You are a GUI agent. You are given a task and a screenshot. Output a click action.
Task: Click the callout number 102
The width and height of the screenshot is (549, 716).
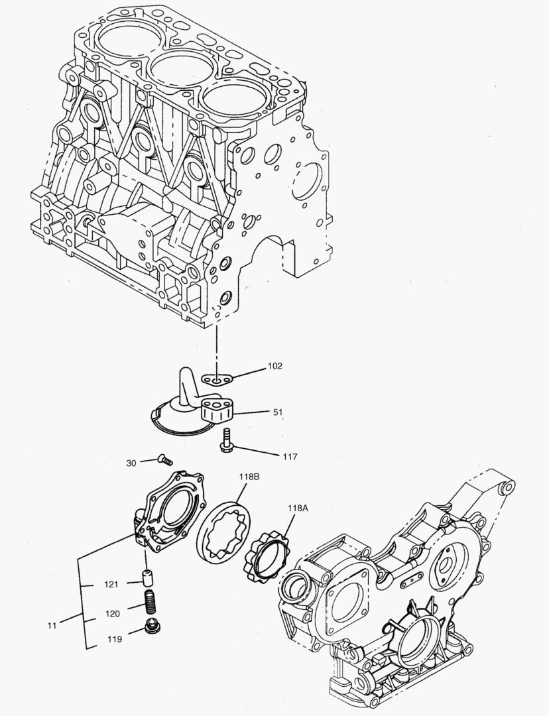tap(275, 366)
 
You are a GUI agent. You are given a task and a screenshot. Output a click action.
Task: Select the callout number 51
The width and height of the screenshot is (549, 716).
tap(278, 412)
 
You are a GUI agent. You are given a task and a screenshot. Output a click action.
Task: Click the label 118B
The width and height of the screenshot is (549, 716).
tap(249, 477)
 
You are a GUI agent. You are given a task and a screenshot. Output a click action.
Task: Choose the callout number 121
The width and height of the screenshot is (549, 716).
tap(111, 584)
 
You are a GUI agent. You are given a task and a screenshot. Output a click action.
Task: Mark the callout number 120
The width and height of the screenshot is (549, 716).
tap(111, 614)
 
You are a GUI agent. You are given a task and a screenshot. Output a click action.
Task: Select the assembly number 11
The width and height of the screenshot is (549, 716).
tap(51, 625)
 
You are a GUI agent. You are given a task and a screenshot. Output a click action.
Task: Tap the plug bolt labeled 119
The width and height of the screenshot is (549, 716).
tap(151, 626)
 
